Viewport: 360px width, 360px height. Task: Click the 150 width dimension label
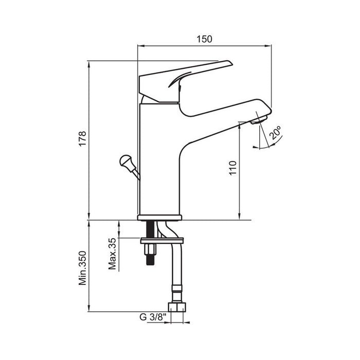tap(204, 39)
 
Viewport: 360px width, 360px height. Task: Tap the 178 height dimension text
tap(82, 138)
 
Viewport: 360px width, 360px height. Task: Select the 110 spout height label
tap(232, 168)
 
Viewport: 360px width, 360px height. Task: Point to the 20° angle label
tap(275, 133)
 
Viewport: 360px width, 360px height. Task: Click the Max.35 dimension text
tap(112, 254)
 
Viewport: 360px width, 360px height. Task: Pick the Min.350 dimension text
tap(82, 268)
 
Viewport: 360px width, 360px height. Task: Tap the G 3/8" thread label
tap(153, 317)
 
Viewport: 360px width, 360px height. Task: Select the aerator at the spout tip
tap(259, 120)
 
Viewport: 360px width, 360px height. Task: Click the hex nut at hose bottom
tap(177, 307)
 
